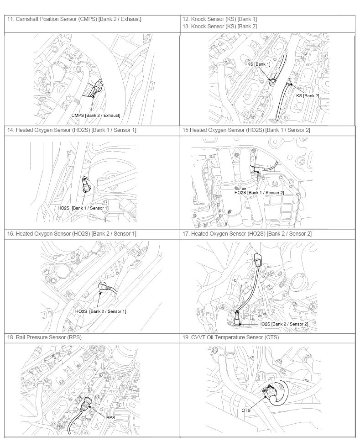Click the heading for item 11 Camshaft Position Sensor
click(x=74, y=19)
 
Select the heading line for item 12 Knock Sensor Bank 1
click(x=219, y=19)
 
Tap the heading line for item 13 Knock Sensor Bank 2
click(x=219, y=26)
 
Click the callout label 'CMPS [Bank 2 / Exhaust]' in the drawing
click(x=96, y=115)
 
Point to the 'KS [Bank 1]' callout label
click(x=259, y=64)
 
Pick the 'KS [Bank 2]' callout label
click(x=308, y=96)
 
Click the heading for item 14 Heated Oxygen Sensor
click(x=72, y=130)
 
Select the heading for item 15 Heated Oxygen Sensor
click(x=246, y=130)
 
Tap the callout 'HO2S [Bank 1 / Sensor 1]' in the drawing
click(x=83, y=208)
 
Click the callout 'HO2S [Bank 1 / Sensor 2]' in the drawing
click(x=259, y=193)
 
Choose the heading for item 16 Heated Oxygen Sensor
click(x=72, y=234)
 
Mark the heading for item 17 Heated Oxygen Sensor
click(x=247, y=234)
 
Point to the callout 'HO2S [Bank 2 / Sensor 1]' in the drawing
click(x=100, y=311)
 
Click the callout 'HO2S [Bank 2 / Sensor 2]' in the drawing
click(x=283, y=324)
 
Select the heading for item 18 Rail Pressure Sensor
click(x=44, y=337)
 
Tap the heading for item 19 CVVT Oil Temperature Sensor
click(x=231, y=337)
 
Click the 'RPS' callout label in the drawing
click(x=111, y=417)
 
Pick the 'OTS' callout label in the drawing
click(x=246, y=410)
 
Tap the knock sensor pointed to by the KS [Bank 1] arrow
click(x=272, y=82)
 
